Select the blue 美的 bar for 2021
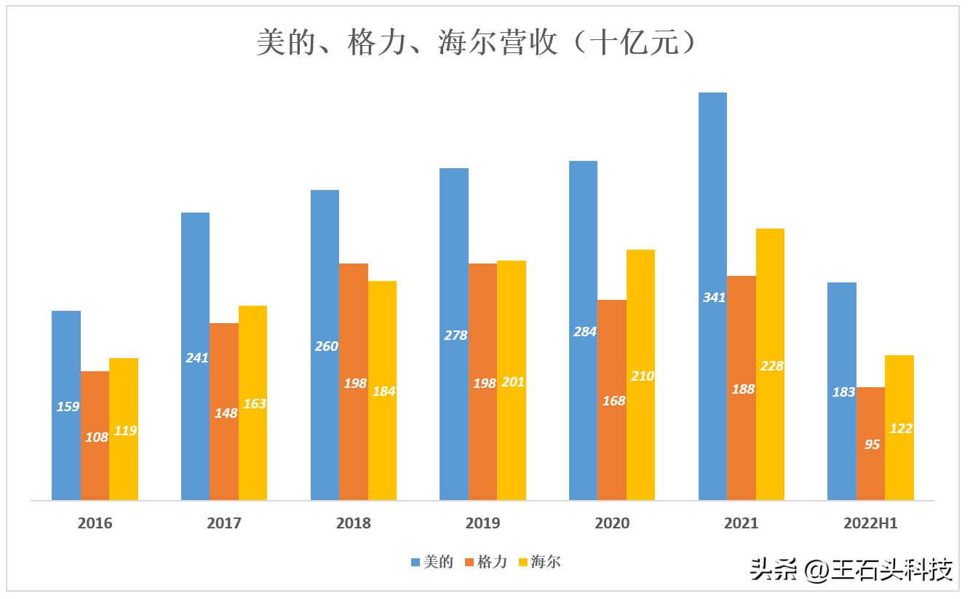tap(712, 218)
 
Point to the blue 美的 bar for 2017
tap(195, 291)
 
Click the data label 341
tap(714, 297)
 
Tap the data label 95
tap(872, 444)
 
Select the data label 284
tap(584, 332)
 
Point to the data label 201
tap(513, 382)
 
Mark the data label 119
tap(125, 431)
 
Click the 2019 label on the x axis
tap(482, 523)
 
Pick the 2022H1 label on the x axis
tap(870, 523)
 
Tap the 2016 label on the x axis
tap(95, 523)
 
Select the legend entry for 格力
tap(485, 562)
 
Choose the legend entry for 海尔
tap(539, 562)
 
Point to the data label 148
tap(226, 413)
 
